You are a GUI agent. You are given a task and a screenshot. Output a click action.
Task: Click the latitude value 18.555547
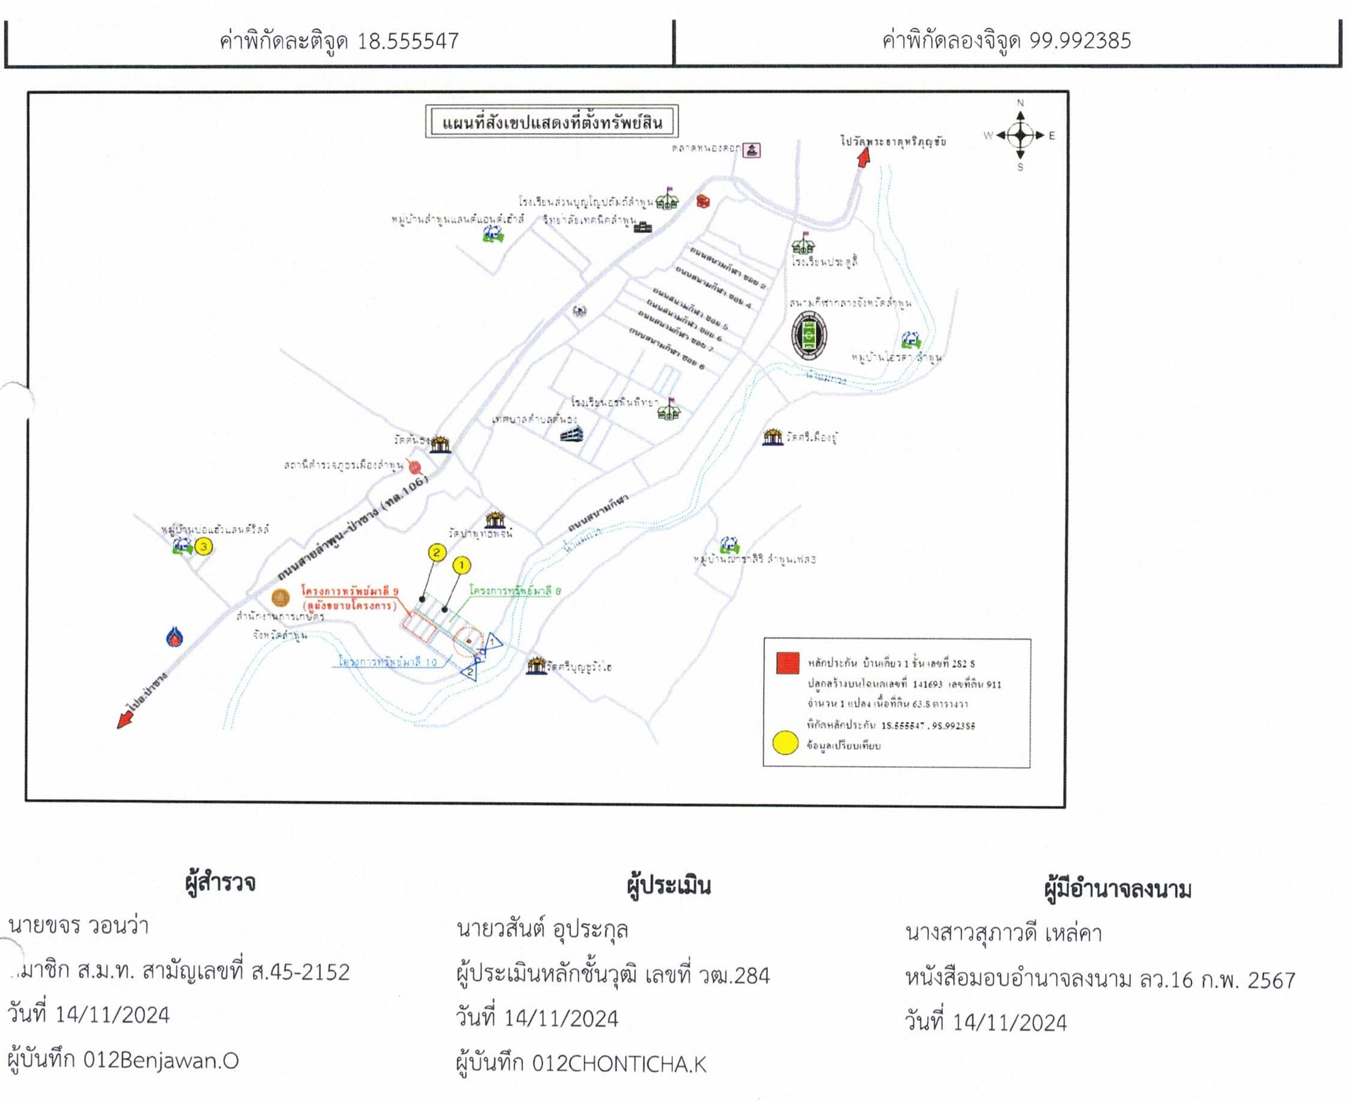click(407, 41)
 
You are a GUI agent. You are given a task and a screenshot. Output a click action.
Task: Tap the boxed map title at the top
click(552, 121)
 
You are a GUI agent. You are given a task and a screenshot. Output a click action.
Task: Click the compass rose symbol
click(1020, 135)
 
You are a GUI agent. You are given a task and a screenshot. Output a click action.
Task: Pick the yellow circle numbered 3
click(203, 546)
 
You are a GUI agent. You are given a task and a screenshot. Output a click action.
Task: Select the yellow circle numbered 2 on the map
click(436, 553)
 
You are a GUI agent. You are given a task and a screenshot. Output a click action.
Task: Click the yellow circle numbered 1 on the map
click(461, 565)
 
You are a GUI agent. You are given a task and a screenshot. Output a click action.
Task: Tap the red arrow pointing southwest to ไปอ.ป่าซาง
click(126, 719)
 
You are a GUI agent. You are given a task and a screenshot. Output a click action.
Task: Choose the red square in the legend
click(787, 663)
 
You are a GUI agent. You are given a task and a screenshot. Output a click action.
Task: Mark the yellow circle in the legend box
click(785, 742)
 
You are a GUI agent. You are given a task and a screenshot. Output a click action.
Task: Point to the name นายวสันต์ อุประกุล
click(542, 930)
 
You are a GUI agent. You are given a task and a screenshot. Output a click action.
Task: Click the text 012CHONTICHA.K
click(619, 1064)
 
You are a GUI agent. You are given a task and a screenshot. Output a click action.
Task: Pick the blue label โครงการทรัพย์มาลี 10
click(388, 661)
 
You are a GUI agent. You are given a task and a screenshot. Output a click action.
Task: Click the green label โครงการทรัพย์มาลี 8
click(515, 591)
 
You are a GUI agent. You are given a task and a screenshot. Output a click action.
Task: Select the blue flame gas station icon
click(174, 637)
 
